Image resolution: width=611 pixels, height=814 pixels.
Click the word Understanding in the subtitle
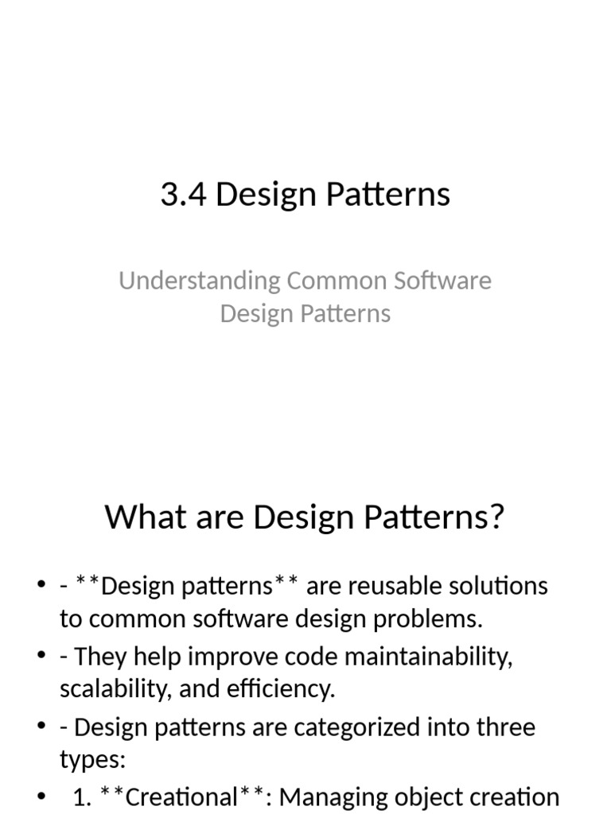pyautogui.click(x=200, y=281)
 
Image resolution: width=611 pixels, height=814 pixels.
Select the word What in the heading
pyautogui.click(x=138, y=517)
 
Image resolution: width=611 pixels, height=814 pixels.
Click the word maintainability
pyautogui.click(x=422, y=657)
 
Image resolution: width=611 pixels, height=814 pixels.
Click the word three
pyautogui.click(x=504, y=727)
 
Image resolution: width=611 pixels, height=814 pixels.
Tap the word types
pyautogui.click(x=91, y=759)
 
